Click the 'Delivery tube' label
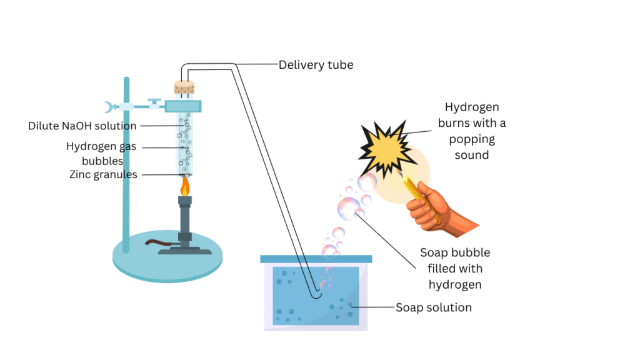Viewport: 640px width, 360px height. tap(316, 64)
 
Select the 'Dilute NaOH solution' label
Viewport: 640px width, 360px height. tap(82, 126)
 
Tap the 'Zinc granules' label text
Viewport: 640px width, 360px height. tap(103, 174)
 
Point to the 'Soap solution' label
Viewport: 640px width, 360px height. tap(433, 307)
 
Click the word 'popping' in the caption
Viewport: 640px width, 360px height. tap(471, 139)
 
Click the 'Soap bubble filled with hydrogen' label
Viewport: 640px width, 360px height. tap(454, 269)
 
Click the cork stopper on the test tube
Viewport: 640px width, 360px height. tap(185, 89)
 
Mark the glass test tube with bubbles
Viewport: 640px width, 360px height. tap(185, 144)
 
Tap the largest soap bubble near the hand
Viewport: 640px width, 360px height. tap(349, 208)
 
